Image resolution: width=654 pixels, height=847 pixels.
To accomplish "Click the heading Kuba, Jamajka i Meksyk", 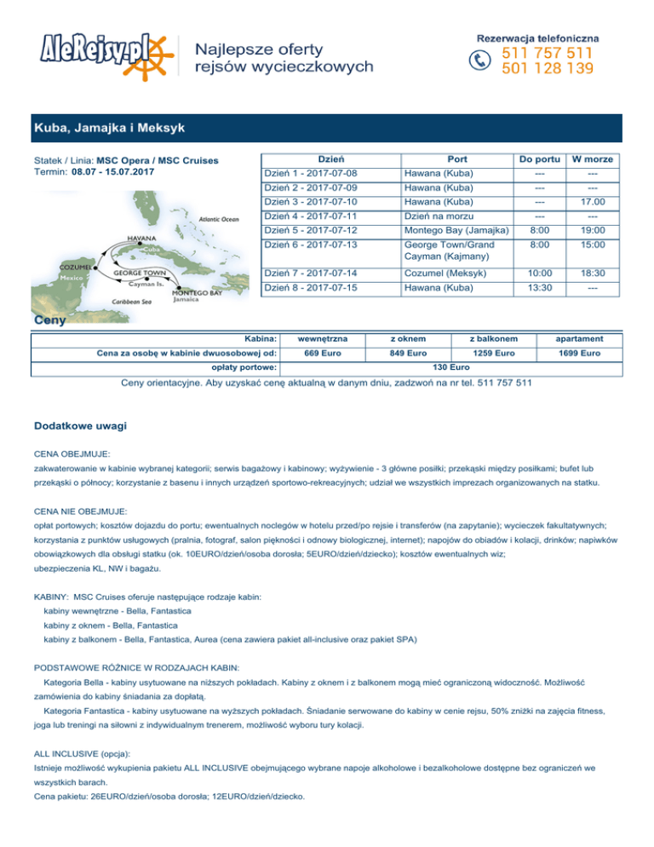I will [108, 129].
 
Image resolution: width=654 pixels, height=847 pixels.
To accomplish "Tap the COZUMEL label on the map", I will [52, 266].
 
